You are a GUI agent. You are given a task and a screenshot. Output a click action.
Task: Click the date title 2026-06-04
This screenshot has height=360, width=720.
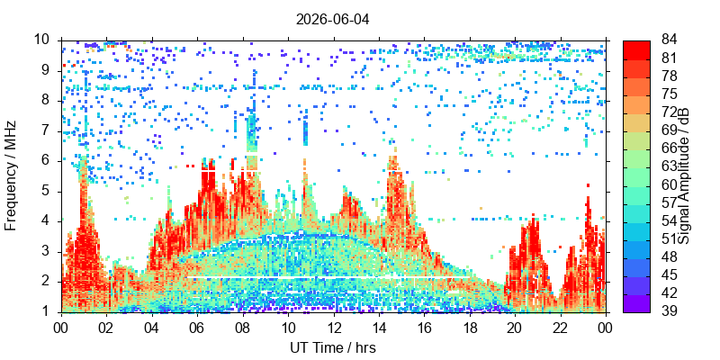click(x=332, y=20)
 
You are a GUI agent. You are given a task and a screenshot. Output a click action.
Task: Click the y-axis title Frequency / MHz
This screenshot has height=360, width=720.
click(x=10, y=175)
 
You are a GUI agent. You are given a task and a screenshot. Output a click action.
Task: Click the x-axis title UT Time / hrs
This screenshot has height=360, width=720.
click(x=333, y=347)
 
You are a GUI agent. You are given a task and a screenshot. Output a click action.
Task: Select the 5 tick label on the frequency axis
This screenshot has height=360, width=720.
click(x=50, y=191)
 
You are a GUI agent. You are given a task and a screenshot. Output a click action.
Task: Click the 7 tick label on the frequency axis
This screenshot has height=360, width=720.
click(x=50, y=130)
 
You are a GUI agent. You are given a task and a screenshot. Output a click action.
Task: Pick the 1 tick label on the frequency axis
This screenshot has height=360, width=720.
click(x=50, y=311)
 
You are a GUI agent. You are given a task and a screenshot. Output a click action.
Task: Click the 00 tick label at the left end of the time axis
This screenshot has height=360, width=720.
click(x=61, y=328)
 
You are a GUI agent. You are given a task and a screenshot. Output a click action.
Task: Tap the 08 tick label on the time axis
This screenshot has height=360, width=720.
click(x=243, y=328)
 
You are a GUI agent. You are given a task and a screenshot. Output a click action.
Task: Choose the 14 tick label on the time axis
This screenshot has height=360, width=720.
click(x=379, y=328)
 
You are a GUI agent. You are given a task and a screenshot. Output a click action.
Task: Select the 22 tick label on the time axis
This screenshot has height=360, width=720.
click(x=561, y=328)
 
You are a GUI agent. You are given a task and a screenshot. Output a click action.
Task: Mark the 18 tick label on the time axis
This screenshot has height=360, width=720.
click(x=470, y=328)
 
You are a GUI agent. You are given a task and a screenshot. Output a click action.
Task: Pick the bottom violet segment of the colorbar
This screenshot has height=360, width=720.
click(x=636, y=303)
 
